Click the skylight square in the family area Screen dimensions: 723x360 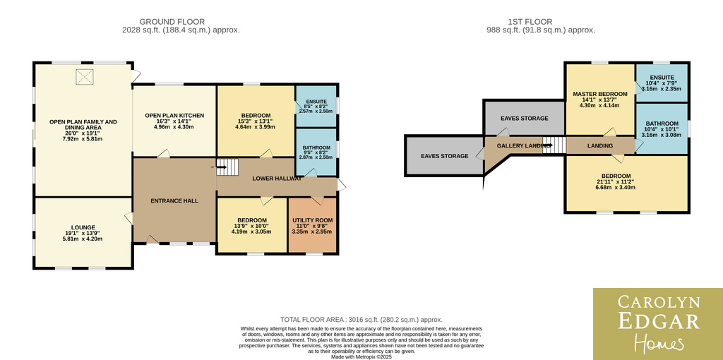click(x=85, y=76)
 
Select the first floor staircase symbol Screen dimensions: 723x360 click(x=554, y=145)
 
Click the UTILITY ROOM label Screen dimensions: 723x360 click(x=312, y=220)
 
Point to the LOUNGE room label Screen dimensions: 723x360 click(x=83, y=227)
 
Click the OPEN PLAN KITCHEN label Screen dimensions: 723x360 click(x=174, y=115)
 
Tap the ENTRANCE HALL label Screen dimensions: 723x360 click(x=174, y=201)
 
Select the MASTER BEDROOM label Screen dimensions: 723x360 click(x=600, y=94)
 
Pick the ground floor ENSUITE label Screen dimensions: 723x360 click(x=316, y=102)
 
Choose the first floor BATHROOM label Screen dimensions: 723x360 click(x=662, y=124)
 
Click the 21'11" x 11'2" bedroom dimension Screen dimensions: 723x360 click(x=616, y=181)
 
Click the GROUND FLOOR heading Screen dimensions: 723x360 click(x=172, y=22)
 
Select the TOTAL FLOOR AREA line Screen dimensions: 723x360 click(x=361, y=320)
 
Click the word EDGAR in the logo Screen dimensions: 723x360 click(x=659, y=321)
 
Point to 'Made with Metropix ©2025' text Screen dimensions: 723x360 click(x=362, y=356)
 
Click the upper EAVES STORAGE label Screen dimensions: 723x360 click(x=525, y=119)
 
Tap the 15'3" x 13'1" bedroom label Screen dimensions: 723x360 click(x=255, y=121)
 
